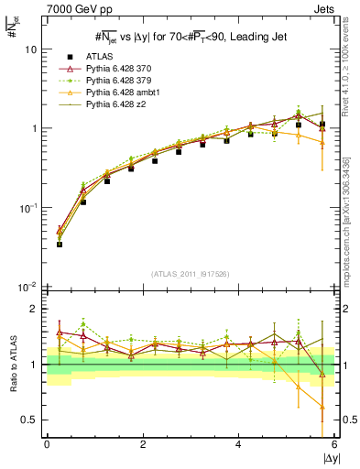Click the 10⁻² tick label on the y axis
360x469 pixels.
29,287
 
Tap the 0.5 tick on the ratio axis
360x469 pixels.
30,420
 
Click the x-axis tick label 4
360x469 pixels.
238,444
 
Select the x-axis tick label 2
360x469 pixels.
143,444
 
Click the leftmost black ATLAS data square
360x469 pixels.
60,245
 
